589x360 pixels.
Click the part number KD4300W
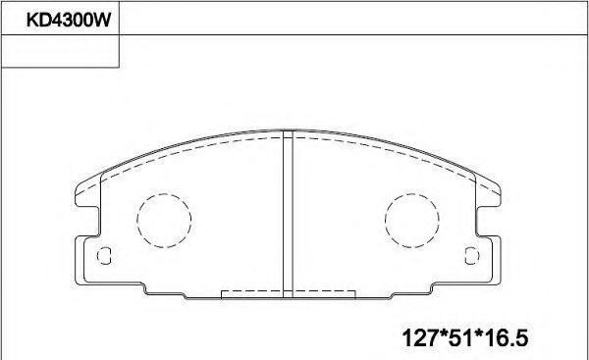pos(69,20)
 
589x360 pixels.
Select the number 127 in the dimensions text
pos(420,337)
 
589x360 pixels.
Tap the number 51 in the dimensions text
pos(462,337)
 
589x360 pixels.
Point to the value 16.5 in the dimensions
pos(508,337)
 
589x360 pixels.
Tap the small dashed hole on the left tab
pos(104,256)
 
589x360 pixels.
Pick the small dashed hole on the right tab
pos(472,256)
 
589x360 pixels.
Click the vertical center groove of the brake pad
pos(288,214)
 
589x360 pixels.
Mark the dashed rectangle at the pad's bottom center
pos(288,294)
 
